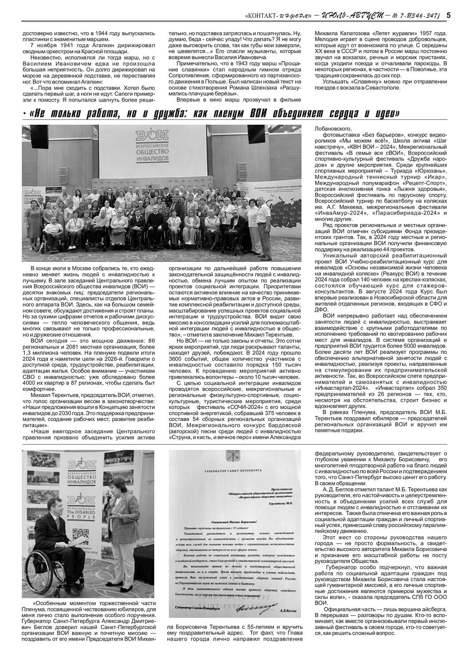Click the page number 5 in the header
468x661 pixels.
[x=448, y=16]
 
